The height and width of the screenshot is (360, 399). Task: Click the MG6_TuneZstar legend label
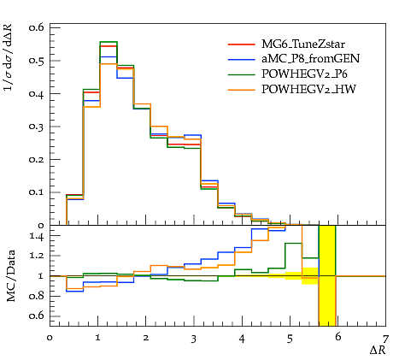(x=303, y=44)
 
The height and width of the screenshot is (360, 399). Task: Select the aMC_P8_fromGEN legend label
(x=310, y=59)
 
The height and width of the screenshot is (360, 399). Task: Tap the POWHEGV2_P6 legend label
(x=304, y=74)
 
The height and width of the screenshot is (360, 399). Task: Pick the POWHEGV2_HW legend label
(x=308, y=90)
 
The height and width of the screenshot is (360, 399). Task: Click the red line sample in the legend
(x=242, y=44)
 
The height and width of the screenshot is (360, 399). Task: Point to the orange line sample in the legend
(x=242, y=90)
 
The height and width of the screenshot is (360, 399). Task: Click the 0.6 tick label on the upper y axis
(x=37, y=27)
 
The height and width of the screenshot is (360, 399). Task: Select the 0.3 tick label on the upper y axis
(x=37, y=127)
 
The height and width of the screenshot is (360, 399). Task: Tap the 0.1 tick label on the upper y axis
(x=37, y=192)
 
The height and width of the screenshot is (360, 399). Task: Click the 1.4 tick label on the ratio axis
(x=37, y=236)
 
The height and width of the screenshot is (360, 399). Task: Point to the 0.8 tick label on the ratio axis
(x=37, y=296)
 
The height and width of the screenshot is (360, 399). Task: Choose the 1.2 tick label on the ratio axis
(x=37, y=256)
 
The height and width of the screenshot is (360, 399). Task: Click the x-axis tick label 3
(x=194, y=339)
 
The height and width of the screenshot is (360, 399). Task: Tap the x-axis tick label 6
(x=337, y=338)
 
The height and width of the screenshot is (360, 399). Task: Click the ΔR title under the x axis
(x=378, y=350)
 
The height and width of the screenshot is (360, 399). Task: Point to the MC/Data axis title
(x=11, y=276)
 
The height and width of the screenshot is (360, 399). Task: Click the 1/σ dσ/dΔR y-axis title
(x=9, y=57)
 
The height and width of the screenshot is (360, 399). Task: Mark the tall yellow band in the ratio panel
(x=327, y=275)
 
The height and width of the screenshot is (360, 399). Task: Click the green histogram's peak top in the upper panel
(x=109, y=42)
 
